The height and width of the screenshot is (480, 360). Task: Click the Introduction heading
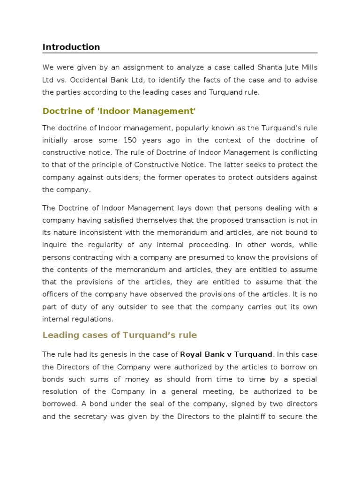pos(71,47)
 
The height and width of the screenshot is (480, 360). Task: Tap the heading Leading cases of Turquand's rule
pos(120,335)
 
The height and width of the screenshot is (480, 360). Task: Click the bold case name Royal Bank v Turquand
pos(226,354)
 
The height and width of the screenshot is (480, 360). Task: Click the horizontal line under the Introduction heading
pos(180,53)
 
